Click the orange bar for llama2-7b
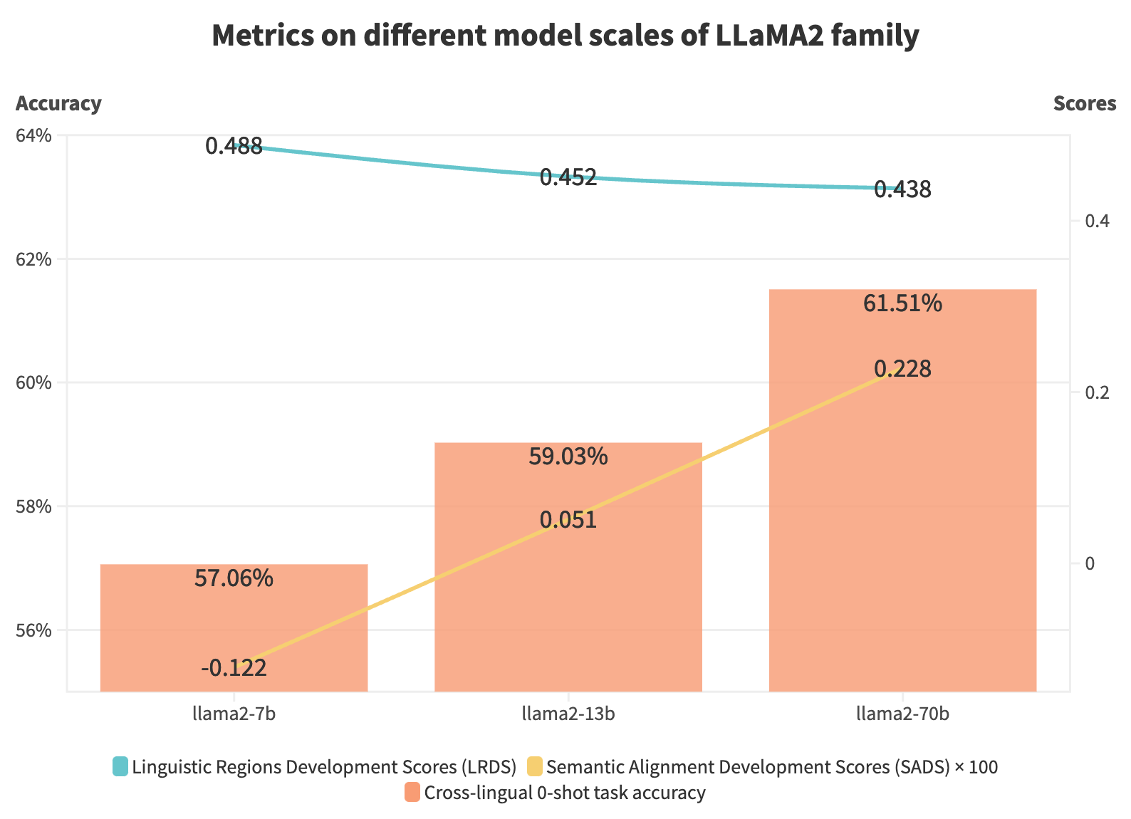click(234, 627)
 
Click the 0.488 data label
click(234, 147)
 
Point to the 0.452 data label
click(568, 177)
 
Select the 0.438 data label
click(902, 190)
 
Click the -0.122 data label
click(234, 668)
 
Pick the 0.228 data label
click(902, 369)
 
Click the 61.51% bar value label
click(902, 304)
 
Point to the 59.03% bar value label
click(568, 457)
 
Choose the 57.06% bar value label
click(234, 578)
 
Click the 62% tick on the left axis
click(33, 259)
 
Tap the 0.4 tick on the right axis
click(1097, 221)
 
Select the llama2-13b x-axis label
click(568, 714)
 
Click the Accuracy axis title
click(58, 104)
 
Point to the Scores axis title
click(1084, 104)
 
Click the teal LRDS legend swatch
click(120, 767)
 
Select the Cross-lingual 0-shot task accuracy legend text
click(564, 793)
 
